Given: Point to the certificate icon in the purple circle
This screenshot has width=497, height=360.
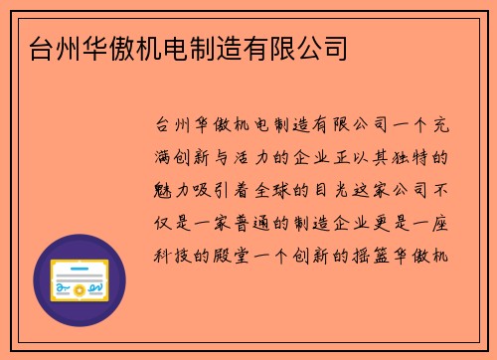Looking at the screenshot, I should click(x=81, y=281).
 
